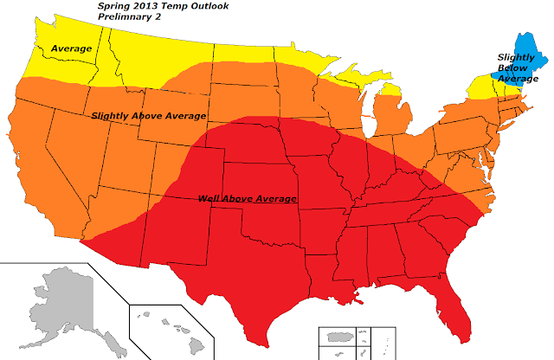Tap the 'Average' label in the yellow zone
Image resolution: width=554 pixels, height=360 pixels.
tap(71, 48)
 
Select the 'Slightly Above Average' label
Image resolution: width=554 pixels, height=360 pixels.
tap(148, 116)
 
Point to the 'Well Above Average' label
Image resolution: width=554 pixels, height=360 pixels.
tap(247, 199)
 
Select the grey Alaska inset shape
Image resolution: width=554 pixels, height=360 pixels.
tap(61, 303)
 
